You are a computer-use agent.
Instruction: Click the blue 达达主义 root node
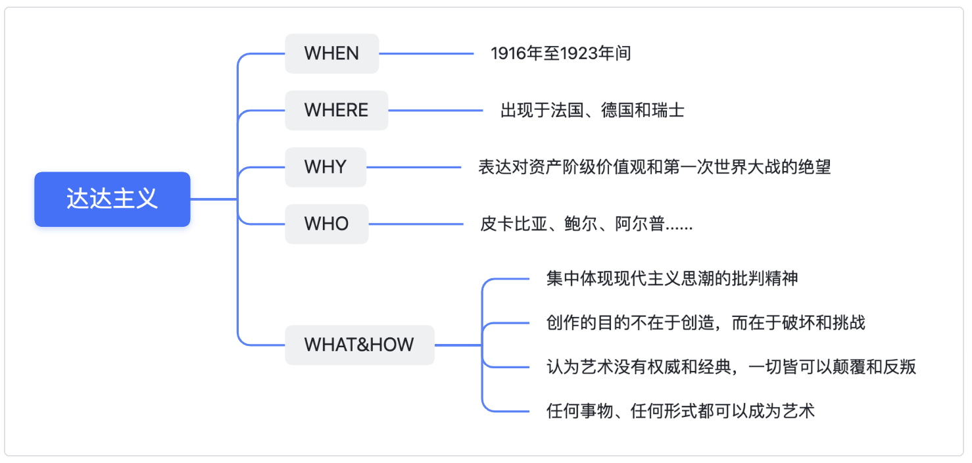112,199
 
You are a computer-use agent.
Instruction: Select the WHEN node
332,53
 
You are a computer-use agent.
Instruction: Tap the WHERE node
336,110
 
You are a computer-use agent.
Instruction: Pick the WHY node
326,167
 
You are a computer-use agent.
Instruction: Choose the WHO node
327,224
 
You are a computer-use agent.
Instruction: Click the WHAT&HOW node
360,345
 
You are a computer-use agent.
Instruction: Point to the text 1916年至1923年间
560,53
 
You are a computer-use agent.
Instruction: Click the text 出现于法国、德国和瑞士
593,110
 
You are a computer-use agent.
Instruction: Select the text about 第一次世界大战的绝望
654,167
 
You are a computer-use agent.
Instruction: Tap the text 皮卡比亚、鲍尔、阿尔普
586,224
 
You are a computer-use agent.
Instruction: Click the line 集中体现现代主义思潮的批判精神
672,279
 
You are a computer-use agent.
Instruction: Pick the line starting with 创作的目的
706,323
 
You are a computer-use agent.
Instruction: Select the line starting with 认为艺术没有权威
731,367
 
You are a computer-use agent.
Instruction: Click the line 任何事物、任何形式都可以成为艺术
681,411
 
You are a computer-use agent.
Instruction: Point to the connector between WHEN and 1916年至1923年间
426,53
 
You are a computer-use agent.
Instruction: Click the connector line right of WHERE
435,110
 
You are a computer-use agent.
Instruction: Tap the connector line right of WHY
414,167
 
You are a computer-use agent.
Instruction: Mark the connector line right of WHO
416,224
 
